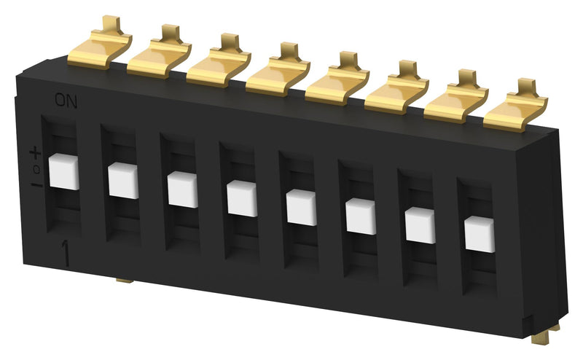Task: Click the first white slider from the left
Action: click(63, 172)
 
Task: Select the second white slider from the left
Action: click(122, 181)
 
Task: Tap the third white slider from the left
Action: click(182, 189)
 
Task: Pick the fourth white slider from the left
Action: click(241, 198)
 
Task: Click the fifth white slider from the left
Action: click(301, 207)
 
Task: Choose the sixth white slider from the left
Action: click(360, 216)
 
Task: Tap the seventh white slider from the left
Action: click(420, 225)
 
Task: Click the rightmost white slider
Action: click(479, 234)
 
